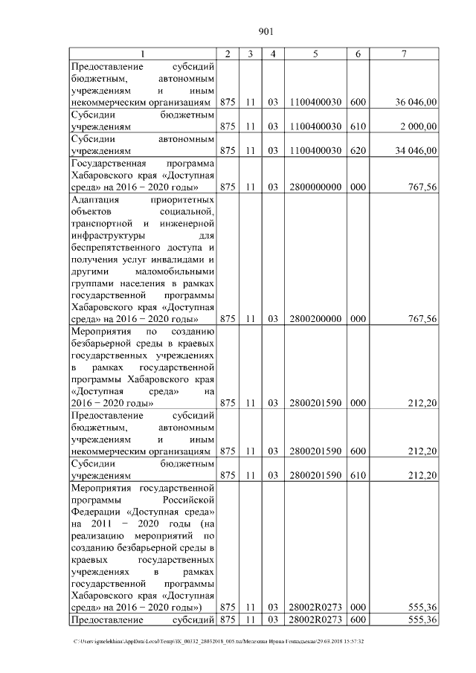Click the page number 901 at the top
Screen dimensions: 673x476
click(x=267, y=31)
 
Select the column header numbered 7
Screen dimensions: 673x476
click(x=403, y=54)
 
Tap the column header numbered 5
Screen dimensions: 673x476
click(x=315, y=54)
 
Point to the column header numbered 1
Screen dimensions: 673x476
click(x=143, y=54)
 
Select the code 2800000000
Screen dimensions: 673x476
click(x=315, y=187)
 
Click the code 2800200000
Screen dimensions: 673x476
click(x=315, y=319)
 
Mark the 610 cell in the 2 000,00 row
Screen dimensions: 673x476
click(x=358, y=126)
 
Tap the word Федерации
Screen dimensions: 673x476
click(x=95, y=514)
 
